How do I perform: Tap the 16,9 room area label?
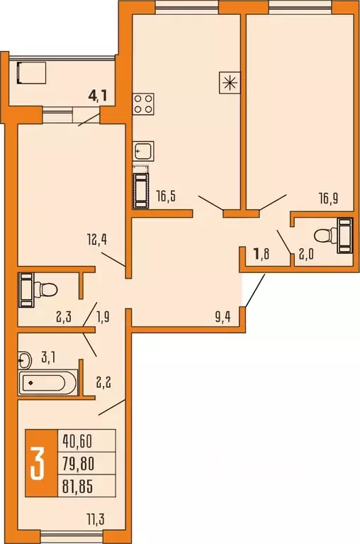327,199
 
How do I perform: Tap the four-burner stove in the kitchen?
144,104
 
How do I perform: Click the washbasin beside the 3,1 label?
26,359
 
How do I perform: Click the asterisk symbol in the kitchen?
228,81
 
